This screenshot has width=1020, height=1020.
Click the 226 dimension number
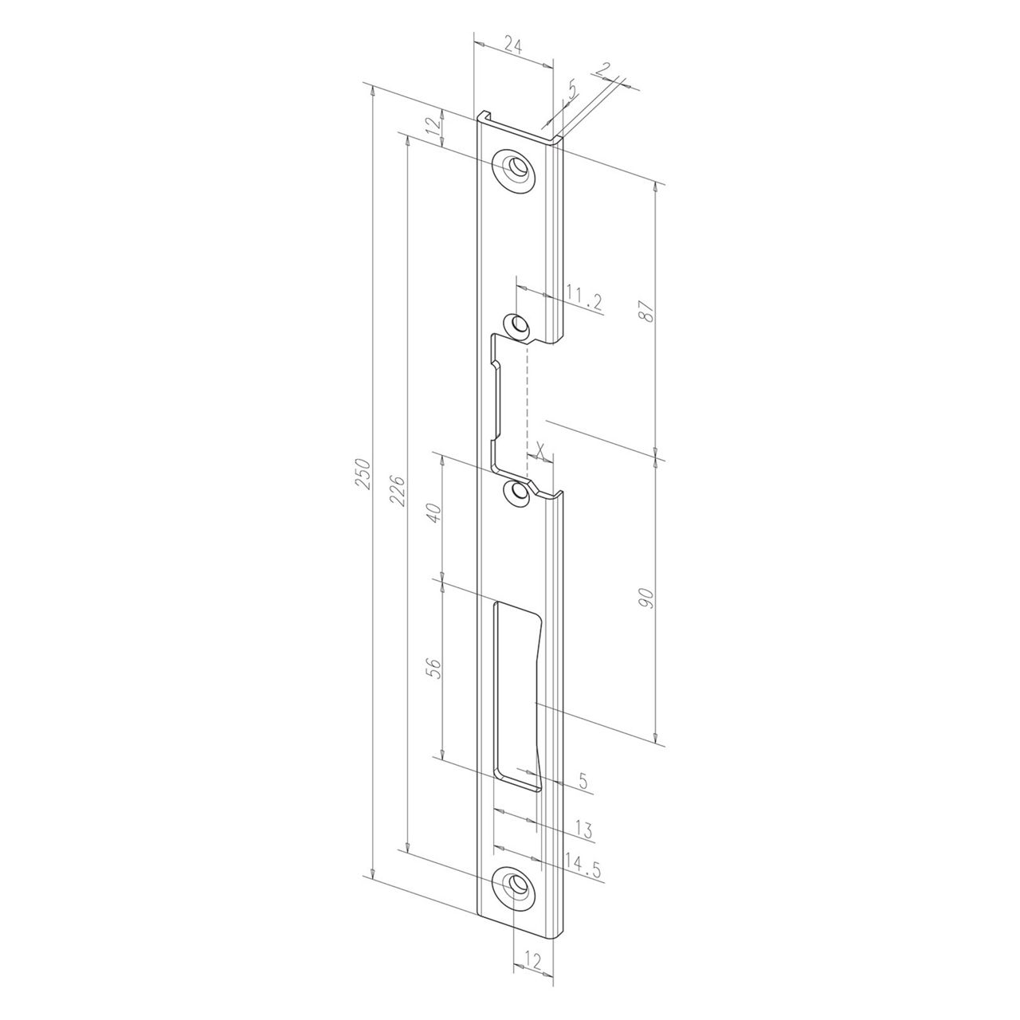[x=400, y=492]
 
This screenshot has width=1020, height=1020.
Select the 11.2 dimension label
[x=583, y=300]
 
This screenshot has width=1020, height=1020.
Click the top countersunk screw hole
[x=516, y=169]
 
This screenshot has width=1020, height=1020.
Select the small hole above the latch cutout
[x=519, y=325]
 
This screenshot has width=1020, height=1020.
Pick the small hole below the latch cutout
[x=520, y=492]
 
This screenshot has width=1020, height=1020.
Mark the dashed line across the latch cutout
[x=527, y=398]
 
